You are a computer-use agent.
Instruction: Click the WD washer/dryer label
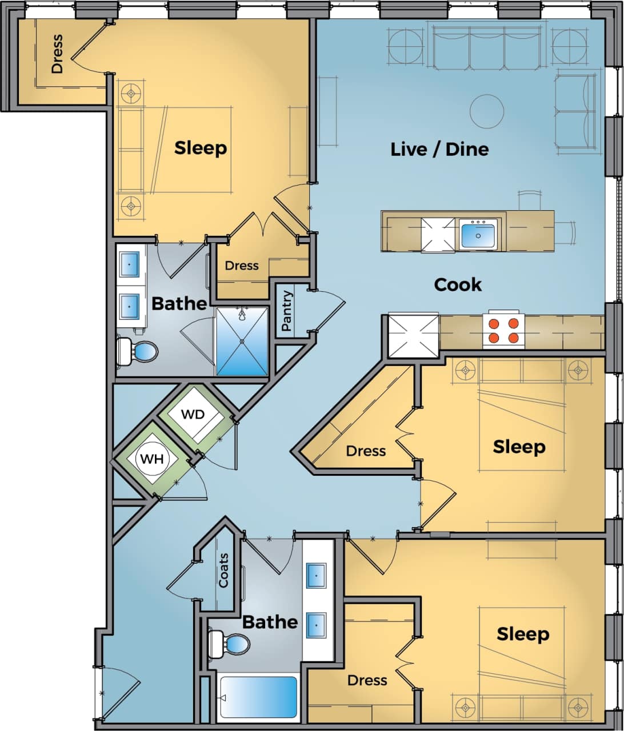click(193, 414)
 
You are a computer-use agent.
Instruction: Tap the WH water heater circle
click(152, 458)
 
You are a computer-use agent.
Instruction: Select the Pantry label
click(287, 311)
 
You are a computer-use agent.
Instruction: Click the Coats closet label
click(223, 571)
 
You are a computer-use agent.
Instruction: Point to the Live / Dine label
click(439, 150)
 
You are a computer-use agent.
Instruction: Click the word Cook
click(458, 284)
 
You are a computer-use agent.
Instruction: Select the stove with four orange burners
click(503, 331)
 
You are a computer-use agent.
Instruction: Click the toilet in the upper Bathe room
click(136, 351)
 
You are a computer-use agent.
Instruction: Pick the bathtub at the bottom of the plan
click(259, 697)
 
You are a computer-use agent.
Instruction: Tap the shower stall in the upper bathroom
click(242, 341)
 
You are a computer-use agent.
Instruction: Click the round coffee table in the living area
click(487, 111)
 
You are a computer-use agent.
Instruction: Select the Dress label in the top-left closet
click(57, 54)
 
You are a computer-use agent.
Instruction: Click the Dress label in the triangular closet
click(366, 451)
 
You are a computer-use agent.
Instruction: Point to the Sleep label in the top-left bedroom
click(201, 148)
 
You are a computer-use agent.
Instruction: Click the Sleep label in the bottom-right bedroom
click(523, 634)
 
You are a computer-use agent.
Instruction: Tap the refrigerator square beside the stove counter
click(413, 335)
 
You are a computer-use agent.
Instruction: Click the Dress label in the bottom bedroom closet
click(367, 680)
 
